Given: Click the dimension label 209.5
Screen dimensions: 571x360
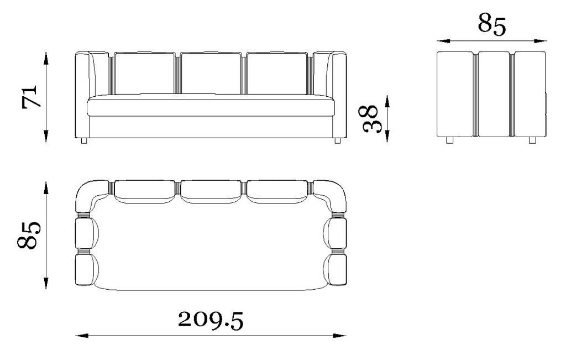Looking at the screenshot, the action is (x=211, y=320).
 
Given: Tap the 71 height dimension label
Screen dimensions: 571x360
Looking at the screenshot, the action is (x=30, y=97).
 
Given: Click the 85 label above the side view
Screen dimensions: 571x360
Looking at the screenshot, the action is (x=491, y=24).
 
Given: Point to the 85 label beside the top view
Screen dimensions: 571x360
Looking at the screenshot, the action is (x=29, y=235).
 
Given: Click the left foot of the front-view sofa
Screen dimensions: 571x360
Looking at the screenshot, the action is (x=84, y=141).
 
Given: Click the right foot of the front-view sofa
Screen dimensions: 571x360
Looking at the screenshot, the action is (x=337, y=141).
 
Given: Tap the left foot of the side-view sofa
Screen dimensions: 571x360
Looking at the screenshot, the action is (x=450, y=140).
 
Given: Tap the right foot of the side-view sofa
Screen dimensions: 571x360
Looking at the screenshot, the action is (x=532, y=140).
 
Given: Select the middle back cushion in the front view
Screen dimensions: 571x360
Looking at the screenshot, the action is (x=211, y=73).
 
